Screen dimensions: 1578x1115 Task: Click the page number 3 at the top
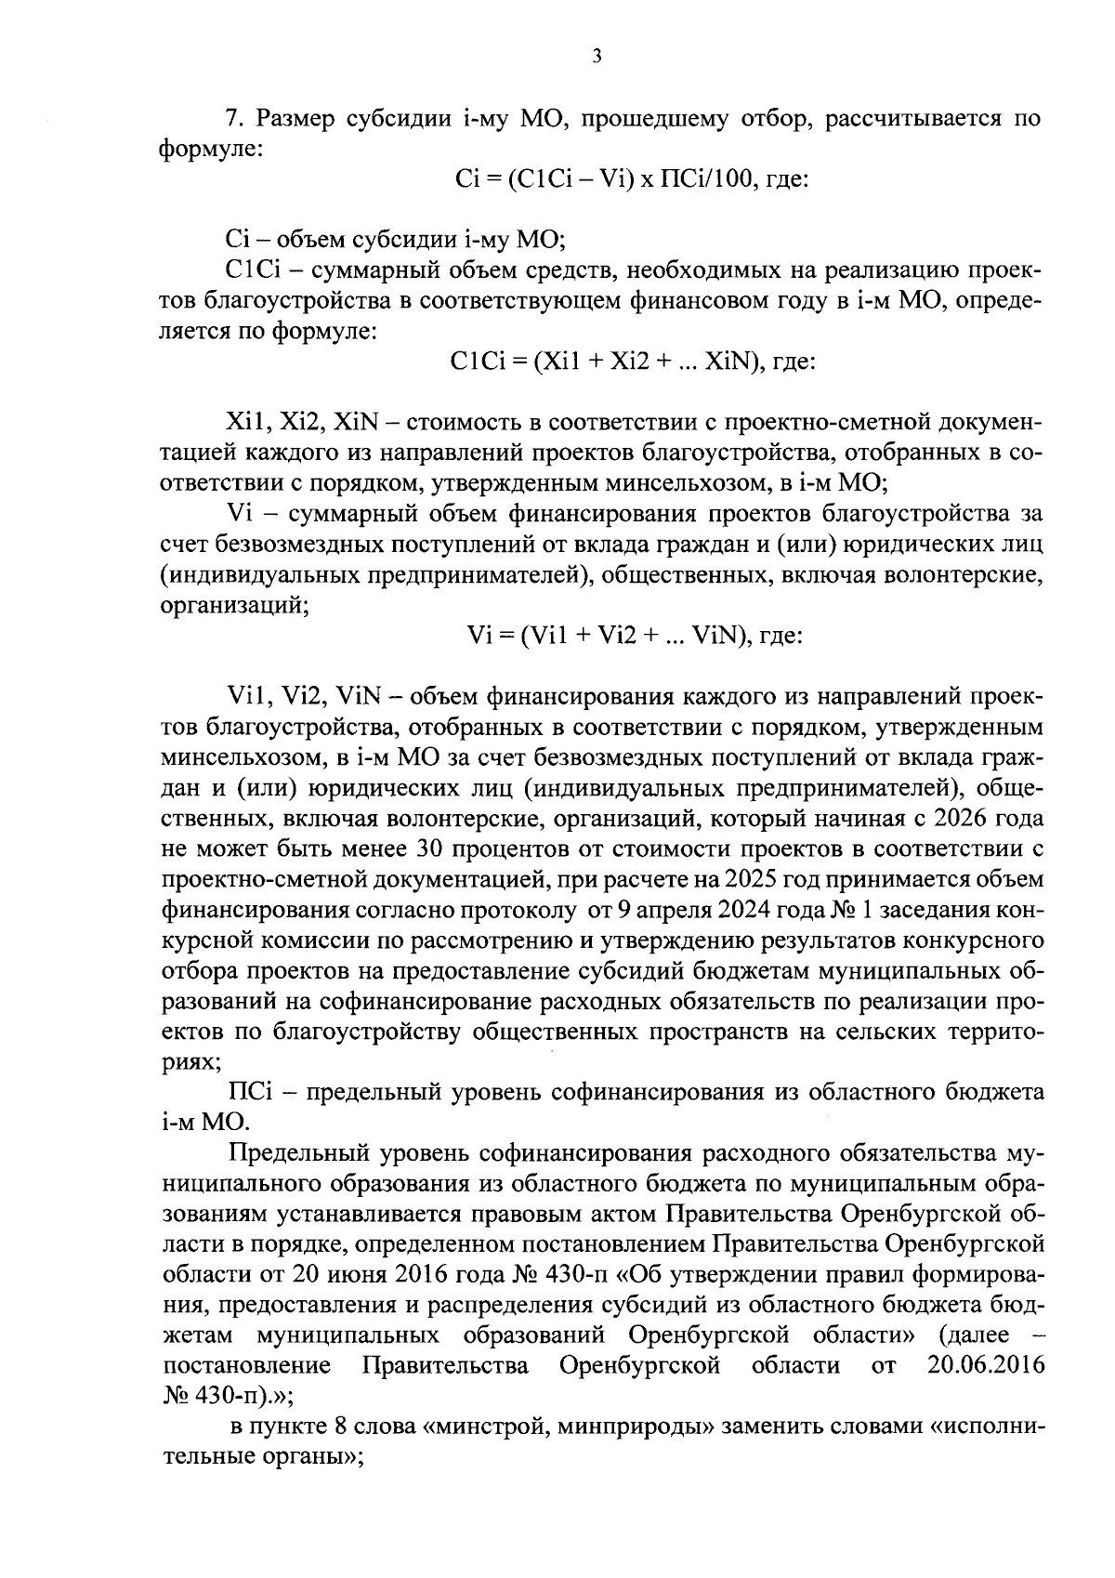[597, 58]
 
